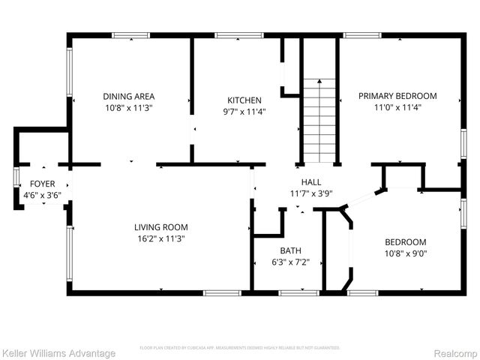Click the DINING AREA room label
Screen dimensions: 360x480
click(128, 96)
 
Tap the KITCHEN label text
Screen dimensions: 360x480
click(244, 100)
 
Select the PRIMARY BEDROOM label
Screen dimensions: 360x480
click(397, 96)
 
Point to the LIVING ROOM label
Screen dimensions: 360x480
click(160, 227)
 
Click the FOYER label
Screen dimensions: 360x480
click(42, 184)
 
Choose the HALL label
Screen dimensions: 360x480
click(311, 182)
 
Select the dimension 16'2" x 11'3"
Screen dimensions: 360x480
click(160, 238)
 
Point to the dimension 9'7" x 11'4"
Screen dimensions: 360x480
click(244, 112)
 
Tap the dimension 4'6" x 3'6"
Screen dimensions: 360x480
click(42, 195)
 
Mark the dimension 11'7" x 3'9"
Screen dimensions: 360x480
click(311, 193)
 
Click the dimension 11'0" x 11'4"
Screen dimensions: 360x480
click(397, 107)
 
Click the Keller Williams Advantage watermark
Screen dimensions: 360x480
click(58, 353)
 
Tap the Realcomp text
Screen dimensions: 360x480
click(451, 353)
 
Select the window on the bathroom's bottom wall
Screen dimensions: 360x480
click(289, 291)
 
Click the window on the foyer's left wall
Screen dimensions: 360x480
click(16, 184)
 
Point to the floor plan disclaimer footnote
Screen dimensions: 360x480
click(240, 348)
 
